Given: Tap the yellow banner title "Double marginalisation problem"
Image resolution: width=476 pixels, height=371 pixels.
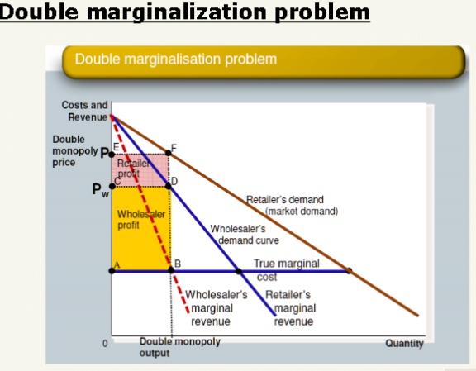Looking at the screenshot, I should click(x=176, y=59).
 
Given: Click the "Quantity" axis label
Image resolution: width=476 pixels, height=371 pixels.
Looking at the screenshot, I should click(x=404, y=344).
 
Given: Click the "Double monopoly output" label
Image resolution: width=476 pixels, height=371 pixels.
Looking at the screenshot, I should click(x=169, y=347).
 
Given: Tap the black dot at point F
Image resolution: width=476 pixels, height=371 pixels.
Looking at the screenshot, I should click(x=169, y=153).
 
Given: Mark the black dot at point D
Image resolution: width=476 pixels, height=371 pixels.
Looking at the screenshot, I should click(x=169, y=186).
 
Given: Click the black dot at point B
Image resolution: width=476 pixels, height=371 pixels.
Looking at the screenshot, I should click(x=170, y=270).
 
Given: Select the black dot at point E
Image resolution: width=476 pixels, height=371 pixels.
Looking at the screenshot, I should click(x=112, y=154).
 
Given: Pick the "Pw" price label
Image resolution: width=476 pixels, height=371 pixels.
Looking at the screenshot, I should click(x=100, y=189).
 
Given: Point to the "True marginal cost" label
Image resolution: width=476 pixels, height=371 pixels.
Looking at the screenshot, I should click(x=280, y=269).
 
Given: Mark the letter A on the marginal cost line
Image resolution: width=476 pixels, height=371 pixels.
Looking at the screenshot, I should click(x=117, y=264).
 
